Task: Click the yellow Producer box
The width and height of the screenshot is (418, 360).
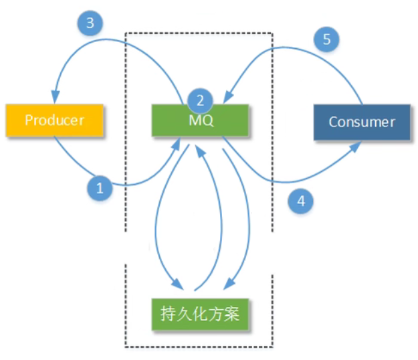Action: tap(54, 120)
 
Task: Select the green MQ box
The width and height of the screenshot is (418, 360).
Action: tap(200, 120)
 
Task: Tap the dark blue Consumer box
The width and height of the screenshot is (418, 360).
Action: tap(362, 122)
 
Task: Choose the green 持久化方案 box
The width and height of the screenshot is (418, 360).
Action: tap(200, 312)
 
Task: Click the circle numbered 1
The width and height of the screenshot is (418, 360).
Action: tap(100, 189)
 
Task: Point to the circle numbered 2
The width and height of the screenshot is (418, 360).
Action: tap(200, 101)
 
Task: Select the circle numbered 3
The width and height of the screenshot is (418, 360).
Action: tap(90, 24)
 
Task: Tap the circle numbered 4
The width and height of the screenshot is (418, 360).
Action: tap(300, 199)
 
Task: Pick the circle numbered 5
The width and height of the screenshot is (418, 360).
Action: tap(326, 39)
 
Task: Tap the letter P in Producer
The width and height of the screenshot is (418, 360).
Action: tap(29, 120)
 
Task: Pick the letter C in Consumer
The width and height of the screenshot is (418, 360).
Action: tap(332, 122)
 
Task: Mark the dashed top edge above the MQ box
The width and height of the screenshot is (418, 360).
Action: tap(200, 32)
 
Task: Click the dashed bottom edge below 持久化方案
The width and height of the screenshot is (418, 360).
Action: tap(200, 347)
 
